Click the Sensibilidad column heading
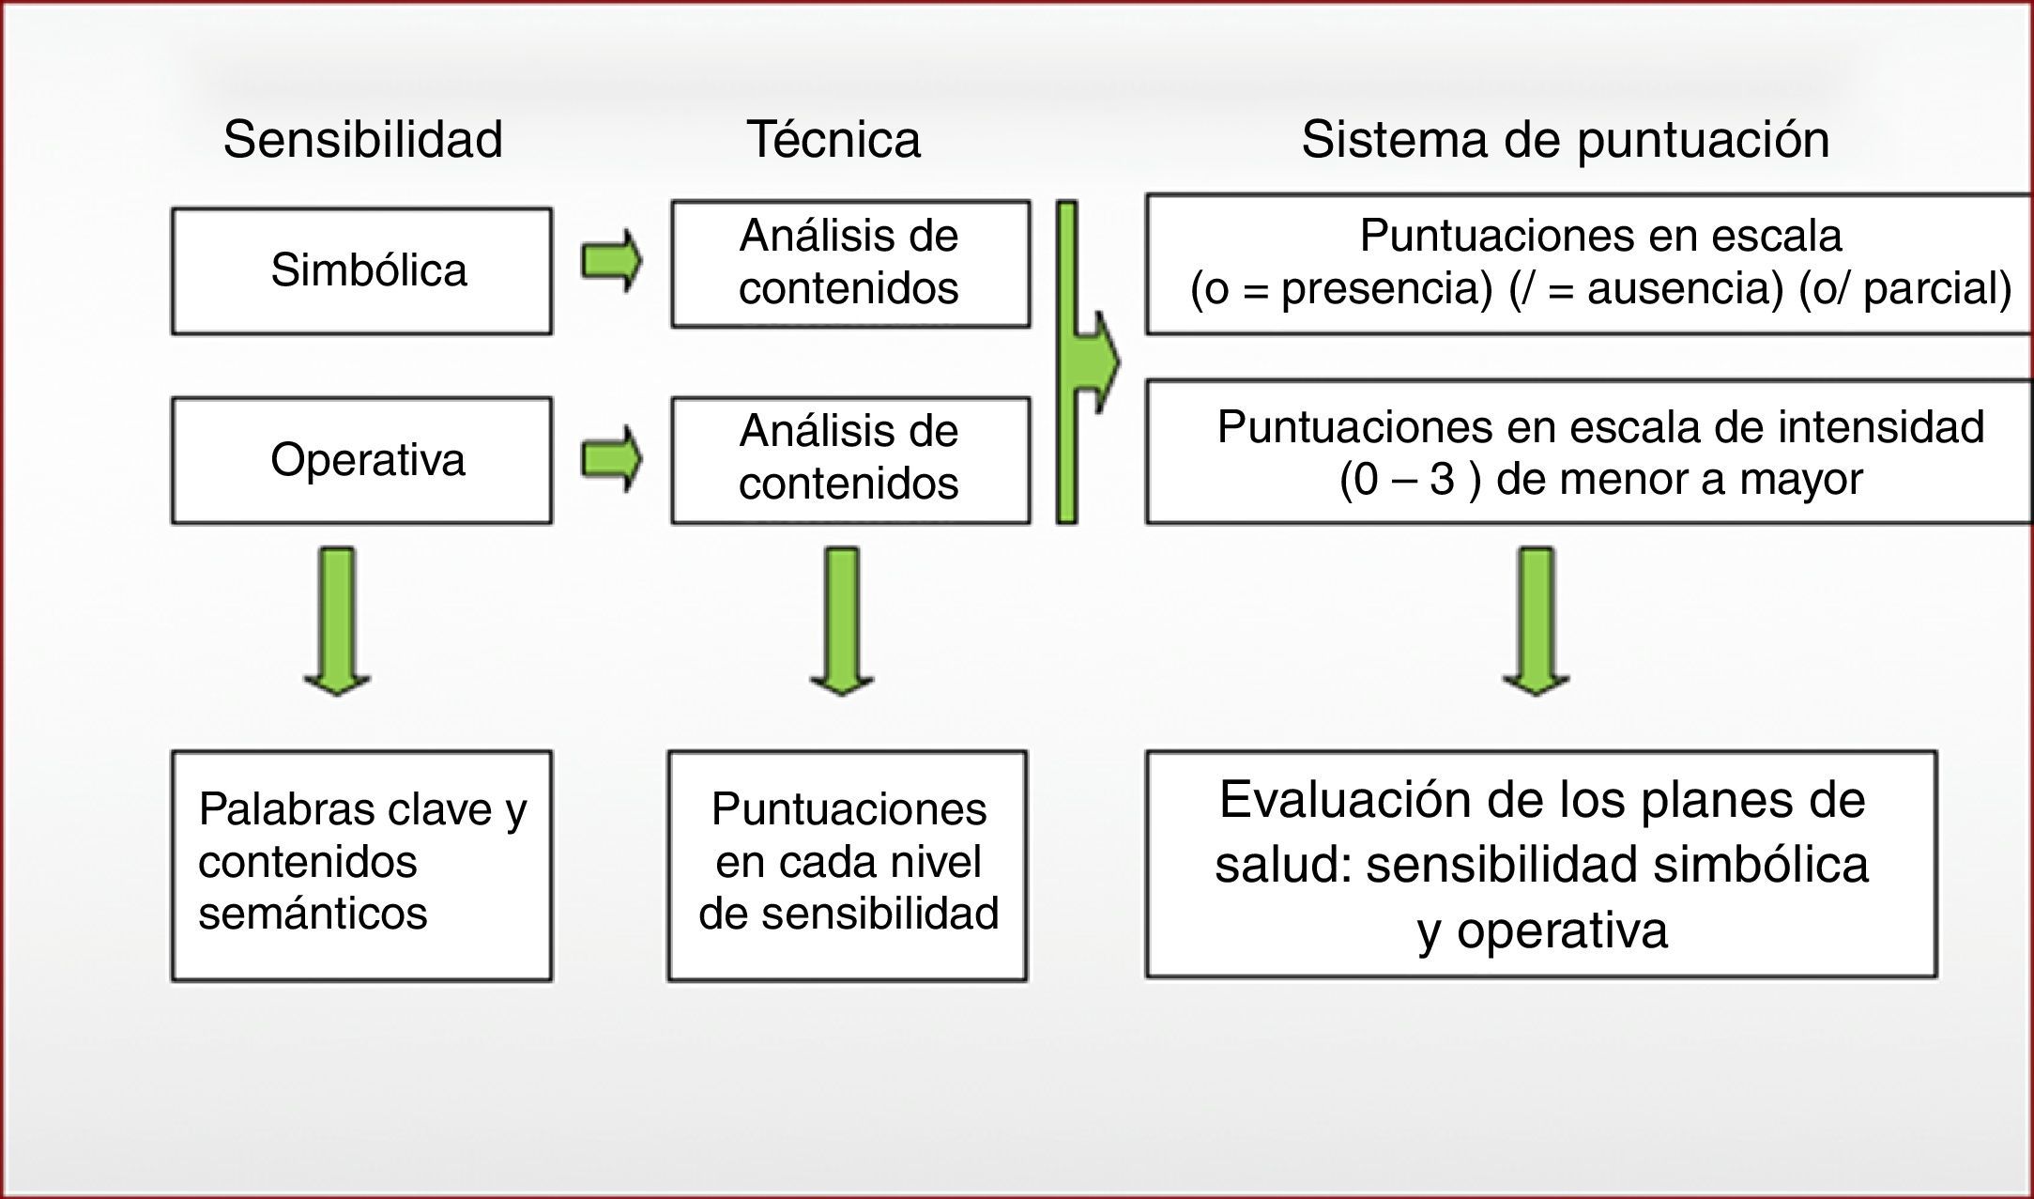(x=362, y=140)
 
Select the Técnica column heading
(x=833, y=140)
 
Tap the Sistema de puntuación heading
(x=1565, y=140)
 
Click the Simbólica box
(x=361, y=270)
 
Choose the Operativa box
(x=361, y=460)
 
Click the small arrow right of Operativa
(x=611, y=459)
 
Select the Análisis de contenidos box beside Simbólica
(x=849, y=262)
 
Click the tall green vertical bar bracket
(x=1067, y=361)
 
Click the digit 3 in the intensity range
(x=1442, y=480)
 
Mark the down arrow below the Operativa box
(x=337, y=621)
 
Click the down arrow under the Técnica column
(x=842, y=621)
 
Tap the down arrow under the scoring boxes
(x=1536, y=621)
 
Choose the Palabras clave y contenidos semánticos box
(x=361, y=864)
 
